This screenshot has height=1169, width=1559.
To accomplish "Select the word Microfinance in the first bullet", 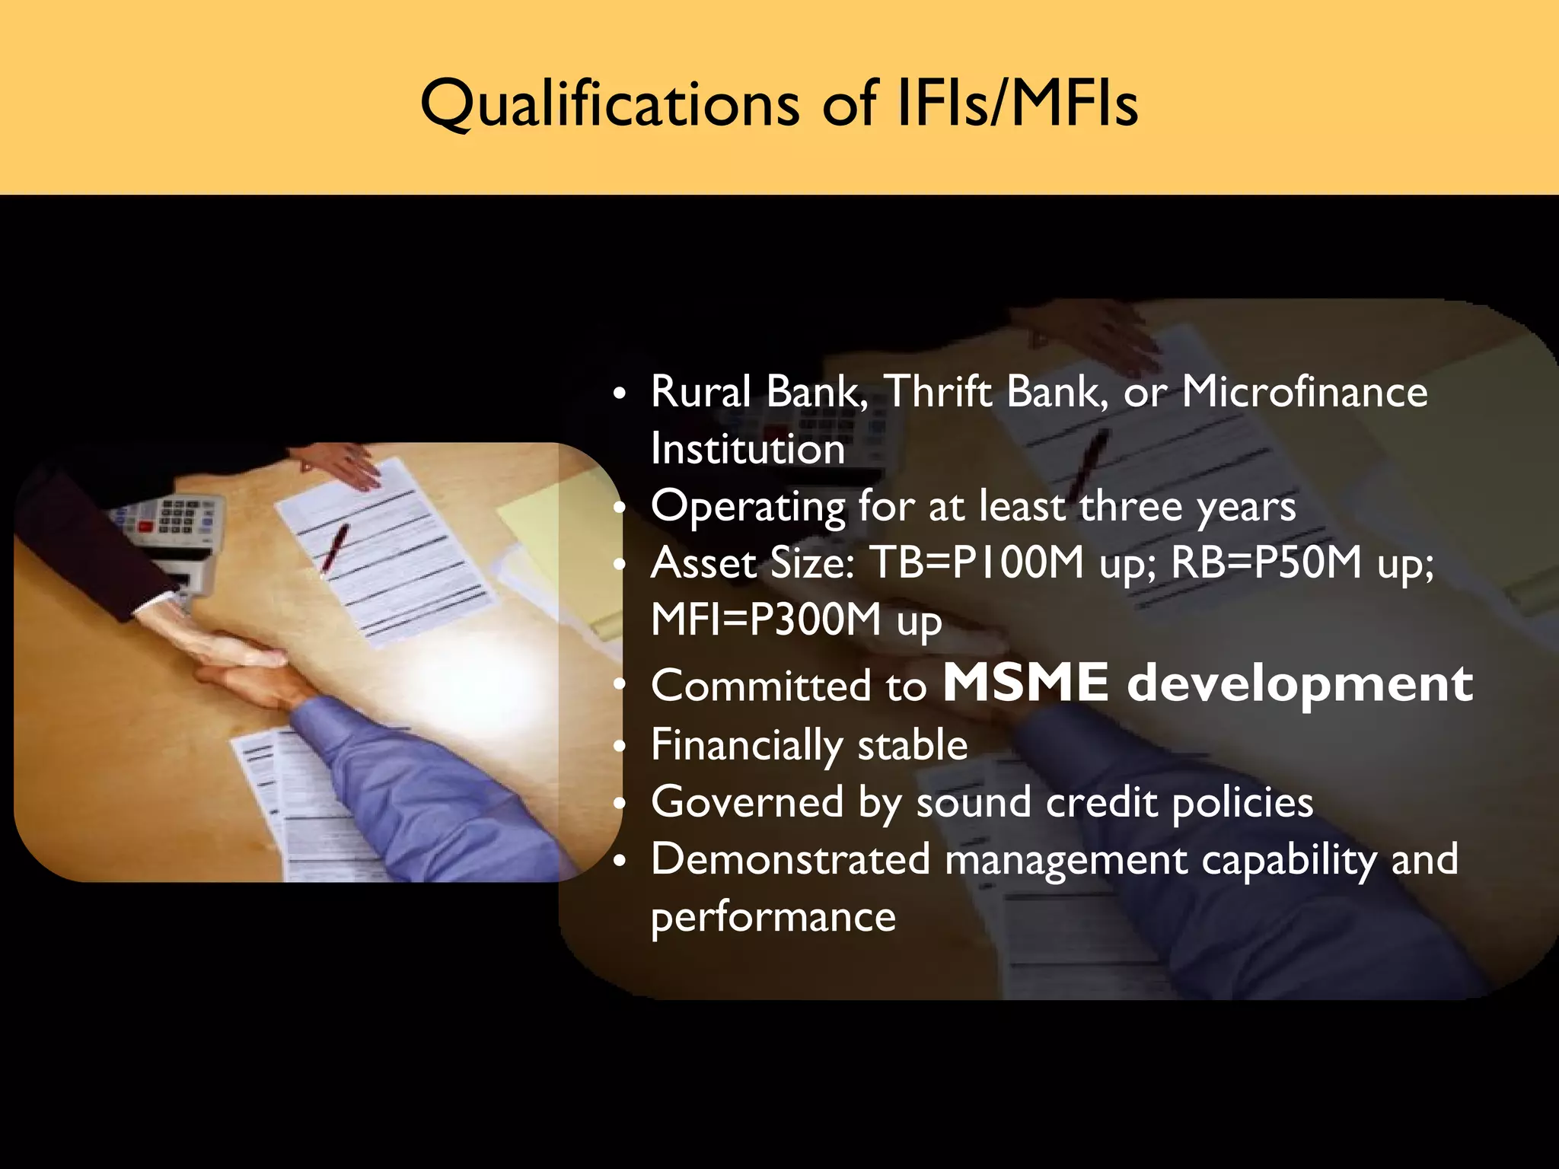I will point(1304,392).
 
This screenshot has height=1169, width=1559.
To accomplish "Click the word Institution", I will point(748,449).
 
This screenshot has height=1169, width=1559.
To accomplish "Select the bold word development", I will point(1299,684).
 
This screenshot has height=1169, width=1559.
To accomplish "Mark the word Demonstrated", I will point(790,859).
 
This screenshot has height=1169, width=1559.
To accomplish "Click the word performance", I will point(773,916).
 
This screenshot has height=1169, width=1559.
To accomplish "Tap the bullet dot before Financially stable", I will point(621,746).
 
